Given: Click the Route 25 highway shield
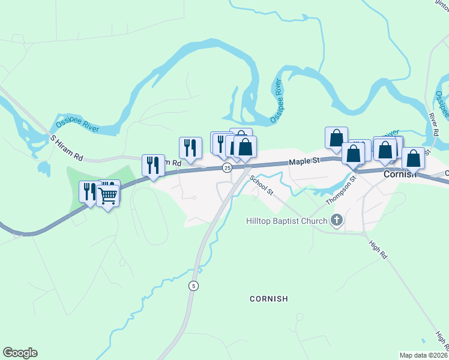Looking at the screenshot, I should click(227, 168).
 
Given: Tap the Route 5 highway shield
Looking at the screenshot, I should click(193, 286).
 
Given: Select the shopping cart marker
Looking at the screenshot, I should click(108, 194).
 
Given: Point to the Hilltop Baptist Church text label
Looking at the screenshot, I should click(287, 221).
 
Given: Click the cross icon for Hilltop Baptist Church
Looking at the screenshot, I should click(337, 221).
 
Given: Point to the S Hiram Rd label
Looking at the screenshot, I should click(66, 146).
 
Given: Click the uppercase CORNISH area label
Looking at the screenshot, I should click(269, 298).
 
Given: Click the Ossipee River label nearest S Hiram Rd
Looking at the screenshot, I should click(77, 125).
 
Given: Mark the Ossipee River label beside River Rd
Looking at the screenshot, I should click(442, 106).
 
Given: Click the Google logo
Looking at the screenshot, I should click(20, 353).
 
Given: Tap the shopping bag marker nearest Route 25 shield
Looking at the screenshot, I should click(245, 148).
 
